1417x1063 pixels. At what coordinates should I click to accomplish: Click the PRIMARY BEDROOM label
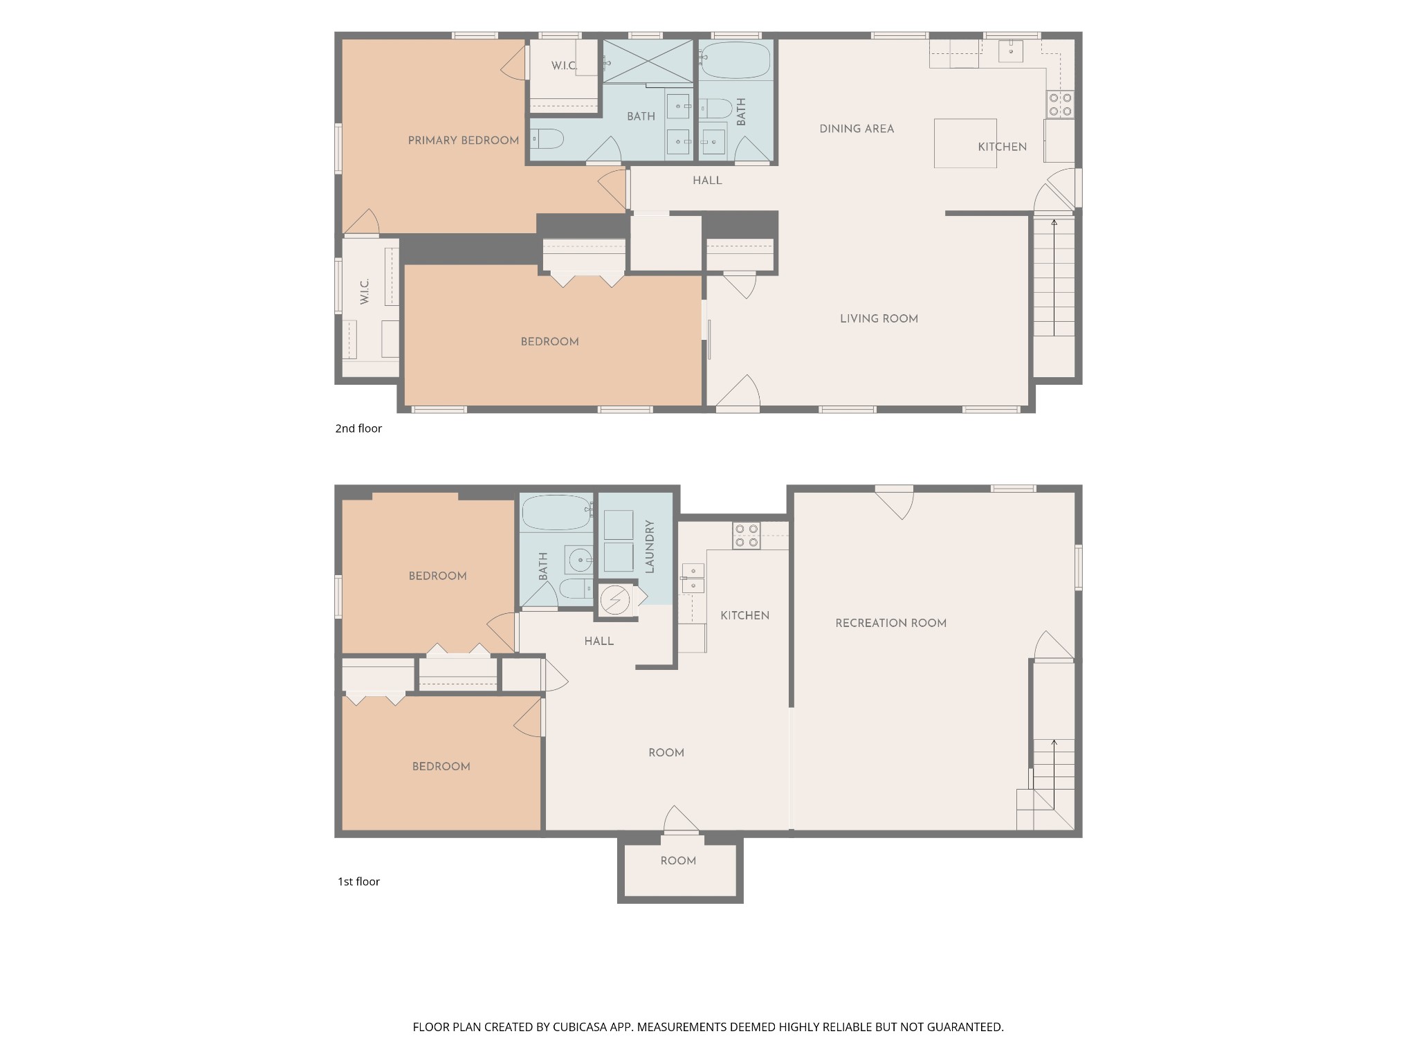(463, 140)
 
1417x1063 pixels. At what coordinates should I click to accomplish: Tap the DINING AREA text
(857, 129)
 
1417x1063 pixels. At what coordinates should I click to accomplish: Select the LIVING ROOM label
(879, 319)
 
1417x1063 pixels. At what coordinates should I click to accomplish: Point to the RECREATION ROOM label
(890, 623)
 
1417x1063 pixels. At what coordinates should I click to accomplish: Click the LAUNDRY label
(649, 547)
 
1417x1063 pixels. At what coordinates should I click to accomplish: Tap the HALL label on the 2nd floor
(707, 181)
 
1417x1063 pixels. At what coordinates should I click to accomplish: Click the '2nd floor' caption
(358, 428)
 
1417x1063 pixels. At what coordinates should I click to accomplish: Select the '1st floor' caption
(358, 882)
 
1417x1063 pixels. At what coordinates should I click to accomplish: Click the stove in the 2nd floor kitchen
(1060, 105)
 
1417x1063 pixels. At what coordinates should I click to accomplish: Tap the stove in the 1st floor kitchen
(747, 536)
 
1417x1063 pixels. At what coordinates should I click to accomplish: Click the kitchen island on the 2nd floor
(965, 143)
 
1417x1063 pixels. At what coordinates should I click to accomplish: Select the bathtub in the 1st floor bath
(557, 513)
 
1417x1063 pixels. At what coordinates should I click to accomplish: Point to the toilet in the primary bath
(547, 139)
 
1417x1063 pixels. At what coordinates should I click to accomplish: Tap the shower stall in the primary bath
(648, 62)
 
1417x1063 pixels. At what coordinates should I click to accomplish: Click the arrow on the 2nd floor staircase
(1054, 278)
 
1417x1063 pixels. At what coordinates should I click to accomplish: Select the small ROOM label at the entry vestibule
(678, 861)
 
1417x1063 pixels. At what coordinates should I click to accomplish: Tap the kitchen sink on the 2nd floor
(1011, 51)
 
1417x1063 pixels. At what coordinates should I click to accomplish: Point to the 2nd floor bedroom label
(549, 342)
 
